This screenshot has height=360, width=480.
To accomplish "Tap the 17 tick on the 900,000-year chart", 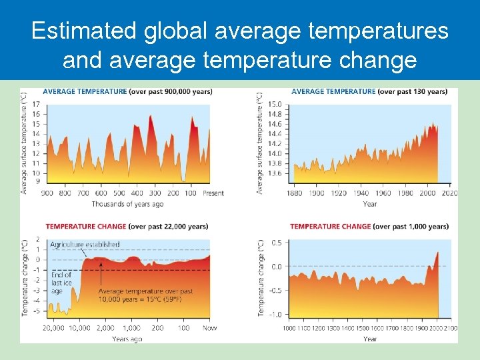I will [x=35, y=104].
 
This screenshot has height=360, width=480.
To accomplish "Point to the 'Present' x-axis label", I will [x=213, y=193].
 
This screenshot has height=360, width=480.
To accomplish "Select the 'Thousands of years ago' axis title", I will [x=127, y=203].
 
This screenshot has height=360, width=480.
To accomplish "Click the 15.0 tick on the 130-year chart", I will [x=275, y=104].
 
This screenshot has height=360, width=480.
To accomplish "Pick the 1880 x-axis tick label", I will [x=294, y=193].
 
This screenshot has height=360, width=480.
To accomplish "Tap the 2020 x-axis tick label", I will [x=449, y=193].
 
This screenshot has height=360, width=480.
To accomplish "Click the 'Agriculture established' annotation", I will [x=85, y=245].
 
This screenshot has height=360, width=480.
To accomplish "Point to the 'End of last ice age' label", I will [x=61, y=283].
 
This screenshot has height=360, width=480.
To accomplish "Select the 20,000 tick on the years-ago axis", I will [x=53, y=328].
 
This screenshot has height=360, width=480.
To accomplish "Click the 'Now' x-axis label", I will [x=211, y=328].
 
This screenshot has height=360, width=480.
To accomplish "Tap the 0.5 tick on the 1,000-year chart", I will [x=275, y=242].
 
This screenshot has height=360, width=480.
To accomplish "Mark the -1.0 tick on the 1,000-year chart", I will [x=274, y=315].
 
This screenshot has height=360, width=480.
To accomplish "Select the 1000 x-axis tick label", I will [x=289, y=329].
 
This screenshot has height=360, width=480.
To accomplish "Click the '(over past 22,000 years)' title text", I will [x=175, y=227].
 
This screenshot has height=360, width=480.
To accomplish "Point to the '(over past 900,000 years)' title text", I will [x=171, y=91].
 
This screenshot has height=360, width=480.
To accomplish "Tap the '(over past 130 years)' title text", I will [x=412, y=91].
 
